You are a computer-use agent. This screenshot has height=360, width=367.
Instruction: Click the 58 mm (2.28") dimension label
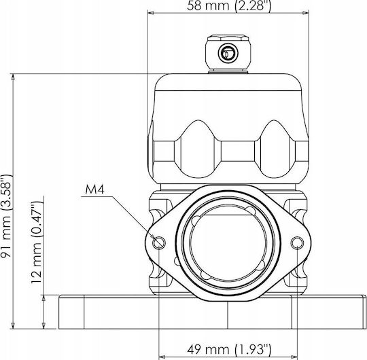coord(228,5)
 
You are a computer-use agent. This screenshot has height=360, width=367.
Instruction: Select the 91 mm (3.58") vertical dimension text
coord(6,216)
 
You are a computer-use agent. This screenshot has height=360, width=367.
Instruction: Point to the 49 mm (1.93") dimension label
coord(229,350)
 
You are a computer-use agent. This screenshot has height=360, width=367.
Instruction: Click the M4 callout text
coord(94,190)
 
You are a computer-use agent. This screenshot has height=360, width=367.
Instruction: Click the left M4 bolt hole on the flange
coord(159,242)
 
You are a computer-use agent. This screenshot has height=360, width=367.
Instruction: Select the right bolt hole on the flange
coord(297,242)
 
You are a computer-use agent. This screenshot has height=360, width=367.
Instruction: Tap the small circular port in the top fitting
coord(228,53)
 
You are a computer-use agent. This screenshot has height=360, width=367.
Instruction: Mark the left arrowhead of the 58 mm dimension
coord(150,13)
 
